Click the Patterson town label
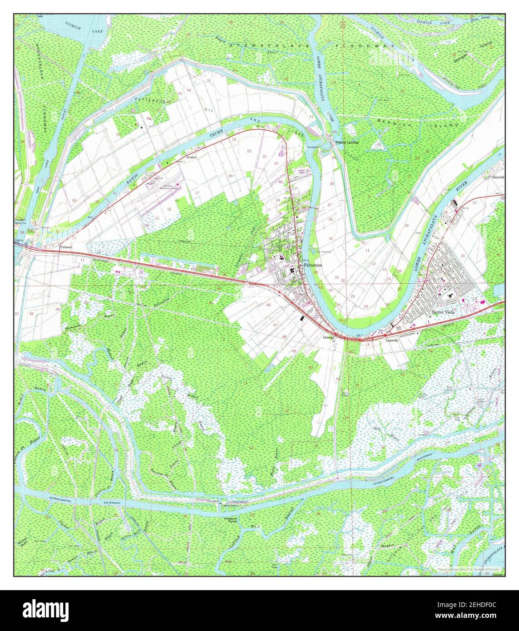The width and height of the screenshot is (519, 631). [x=312, y=264]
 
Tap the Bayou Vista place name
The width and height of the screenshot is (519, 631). [x=445, y=312]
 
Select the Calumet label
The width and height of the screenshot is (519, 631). [x=67, y=247]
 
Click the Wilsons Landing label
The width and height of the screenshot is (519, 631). [x=347, y=142]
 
